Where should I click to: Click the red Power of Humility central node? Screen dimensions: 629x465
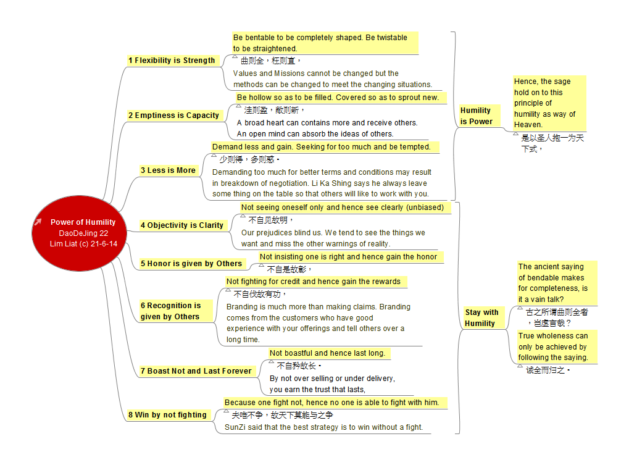[x=80, y=233]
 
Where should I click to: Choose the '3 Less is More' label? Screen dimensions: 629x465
[x=169, y=170]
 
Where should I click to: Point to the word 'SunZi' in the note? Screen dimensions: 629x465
[x=235, y=427]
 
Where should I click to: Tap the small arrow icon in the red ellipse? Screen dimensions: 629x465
[x=38, y=222]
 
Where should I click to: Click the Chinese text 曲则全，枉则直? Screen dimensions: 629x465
[x=270, y=61]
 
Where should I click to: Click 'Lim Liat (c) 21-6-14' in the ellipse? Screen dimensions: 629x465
[x=83, y=244]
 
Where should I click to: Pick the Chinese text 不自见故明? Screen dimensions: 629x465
[x=270, y=220]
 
